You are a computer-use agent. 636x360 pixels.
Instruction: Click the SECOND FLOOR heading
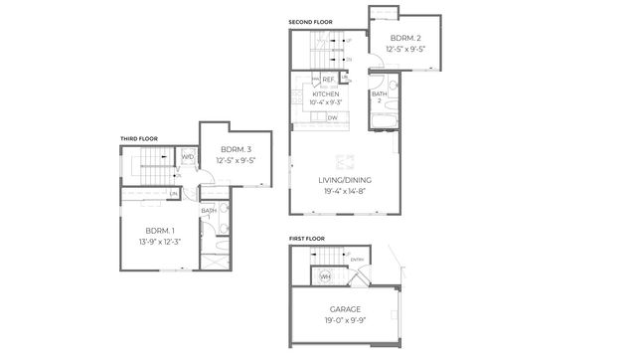point(310,22)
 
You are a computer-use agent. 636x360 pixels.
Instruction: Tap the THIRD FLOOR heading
point(139,138)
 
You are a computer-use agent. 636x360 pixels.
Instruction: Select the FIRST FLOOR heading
point(307,239)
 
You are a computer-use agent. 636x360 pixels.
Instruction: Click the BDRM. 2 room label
point(405,39)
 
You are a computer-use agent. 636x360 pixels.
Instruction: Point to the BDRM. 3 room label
point(237,149)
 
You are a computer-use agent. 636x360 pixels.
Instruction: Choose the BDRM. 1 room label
point(159,230)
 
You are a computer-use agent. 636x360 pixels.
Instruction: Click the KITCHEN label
point(325,94)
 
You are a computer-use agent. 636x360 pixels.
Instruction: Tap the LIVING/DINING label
point(343,180)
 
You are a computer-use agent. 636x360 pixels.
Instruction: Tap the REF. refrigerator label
point(328,79)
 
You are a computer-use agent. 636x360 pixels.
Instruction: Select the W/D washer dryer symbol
point(187,156)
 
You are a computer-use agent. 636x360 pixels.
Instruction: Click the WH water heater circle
point(325,276)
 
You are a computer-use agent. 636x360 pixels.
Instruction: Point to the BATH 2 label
point(379,97)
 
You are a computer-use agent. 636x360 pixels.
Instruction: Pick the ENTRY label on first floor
point(357,261)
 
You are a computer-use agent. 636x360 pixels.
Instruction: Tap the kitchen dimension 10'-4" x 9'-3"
point(325,102)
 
